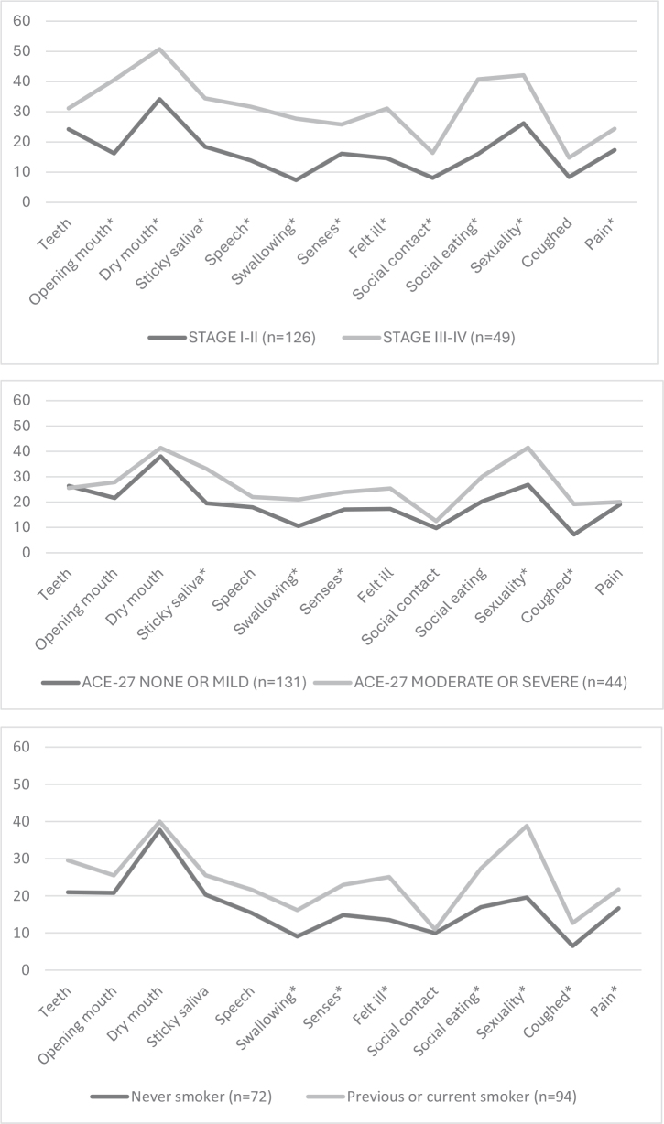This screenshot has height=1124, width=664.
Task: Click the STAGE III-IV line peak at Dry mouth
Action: tap(159, 49)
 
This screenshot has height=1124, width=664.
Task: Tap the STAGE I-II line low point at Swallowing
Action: tap(296, 179)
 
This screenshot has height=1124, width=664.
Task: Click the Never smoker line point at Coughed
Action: tap(572, 946)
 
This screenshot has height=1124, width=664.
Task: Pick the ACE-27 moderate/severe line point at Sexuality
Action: tap(527, 448)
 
